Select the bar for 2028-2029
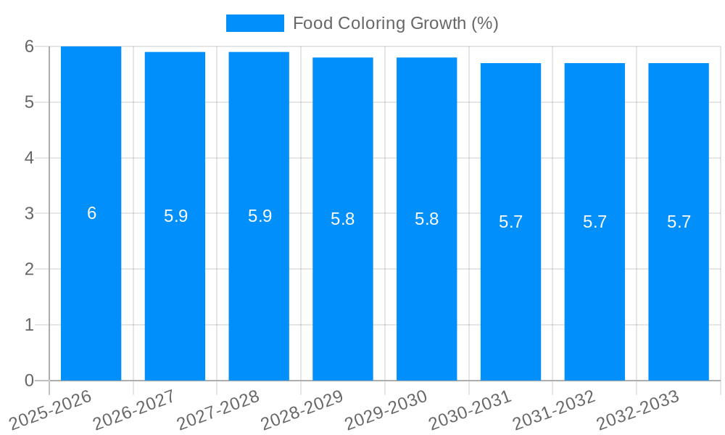(x=343, y=290)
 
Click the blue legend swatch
(x=254, y=23)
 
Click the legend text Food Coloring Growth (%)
(x=395, y=23)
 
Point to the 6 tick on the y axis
(x=29, y=46)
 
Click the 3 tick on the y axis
(x=29, y=214)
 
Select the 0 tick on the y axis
(x=29, y=381)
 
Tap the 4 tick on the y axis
(x=29, y=158)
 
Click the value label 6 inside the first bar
(x=91, y=213)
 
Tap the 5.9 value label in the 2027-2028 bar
(x=260, y=216)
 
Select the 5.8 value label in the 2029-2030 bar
(x=427, y=219)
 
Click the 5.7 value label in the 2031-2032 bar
(x=594, y=222)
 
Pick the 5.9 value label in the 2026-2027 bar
(x=175, y=216)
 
